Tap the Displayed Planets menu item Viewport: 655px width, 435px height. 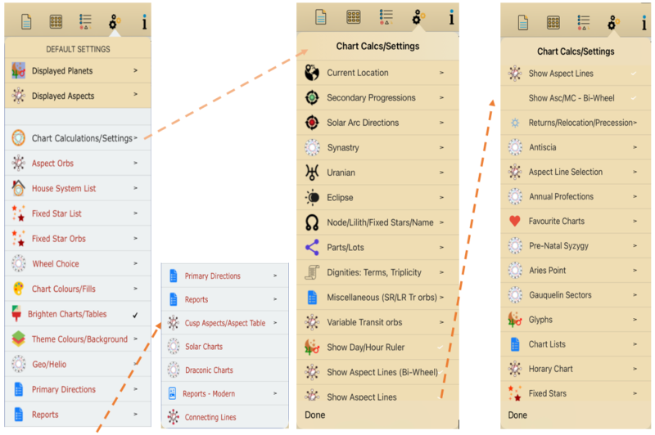click(62, 71)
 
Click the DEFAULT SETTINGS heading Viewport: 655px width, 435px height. click(78, 49)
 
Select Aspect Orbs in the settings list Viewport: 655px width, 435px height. click(52, 164)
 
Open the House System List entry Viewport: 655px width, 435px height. click(64, 189)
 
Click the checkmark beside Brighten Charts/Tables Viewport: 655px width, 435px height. click(135, 316)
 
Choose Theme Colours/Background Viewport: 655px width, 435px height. click(79, 339)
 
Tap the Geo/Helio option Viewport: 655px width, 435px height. click(49, 365)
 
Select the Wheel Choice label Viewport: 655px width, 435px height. click(56, 264)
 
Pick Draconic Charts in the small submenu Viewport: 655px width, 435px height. click(209, 370)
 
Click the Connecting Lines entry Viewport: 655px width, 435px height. click(210, 418)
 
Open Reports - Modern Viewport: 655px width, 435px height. click(209, 394)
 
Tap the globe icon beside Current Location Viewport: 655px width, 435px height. click(312, 73)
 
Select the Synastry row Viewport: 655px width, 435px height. click(343, 148)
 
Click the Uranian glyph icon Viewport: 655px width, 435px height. click(312, 173)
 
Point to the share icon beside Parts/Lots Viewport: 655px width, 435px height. click(312, 247)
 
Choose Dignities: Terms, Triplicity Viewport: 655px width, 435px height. click(374, 272)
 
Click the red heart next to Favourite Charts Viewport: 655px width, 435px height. click(515, 221)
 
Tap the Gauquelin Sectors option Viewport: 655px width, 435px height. click(560, 295)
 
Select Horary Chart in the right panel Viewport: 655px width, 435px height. click(550, 369)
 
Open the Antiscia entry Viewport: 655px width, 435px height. click(542, 147)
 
